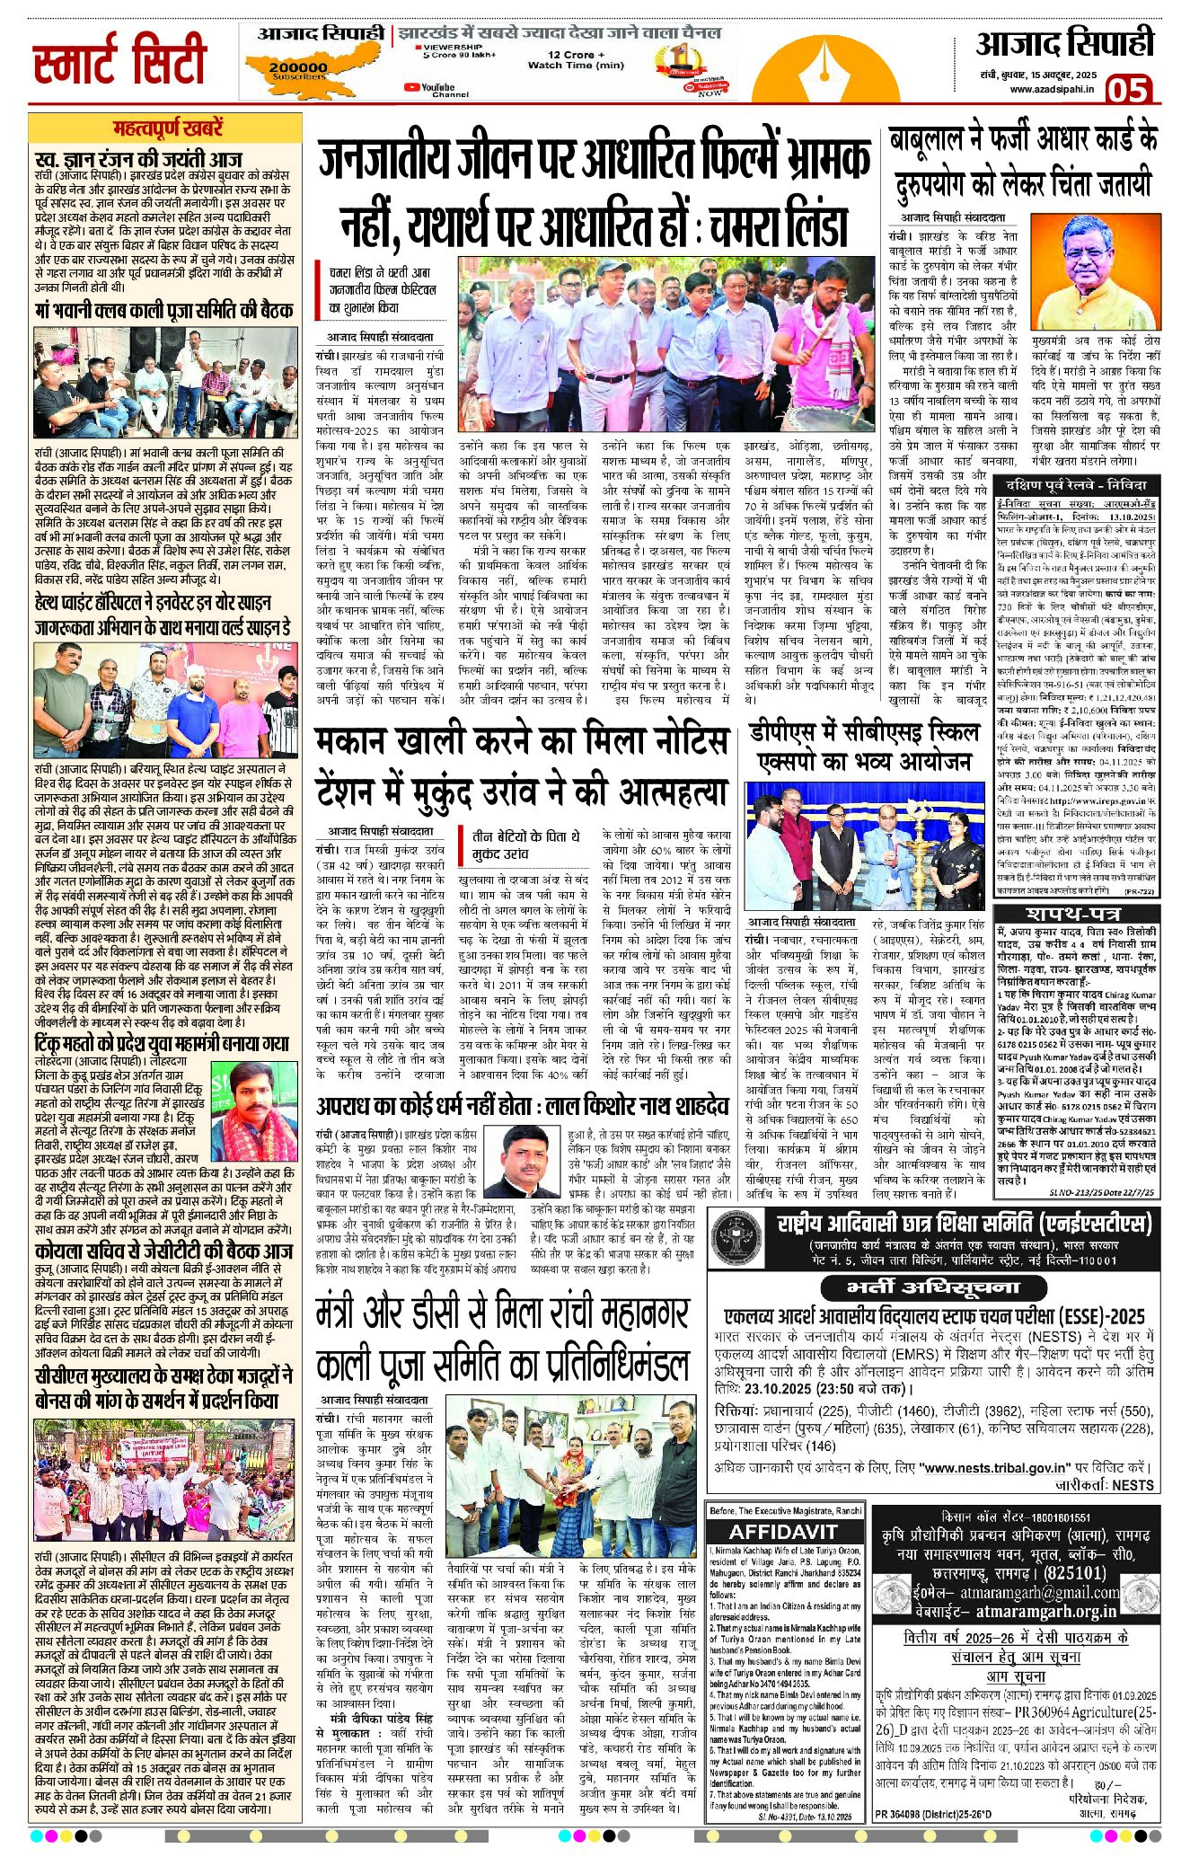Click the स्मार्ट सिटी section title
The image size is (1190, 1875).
click(x=120, y=60)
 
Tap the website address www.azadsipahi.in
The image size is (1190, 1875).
click(x=1051, y=89)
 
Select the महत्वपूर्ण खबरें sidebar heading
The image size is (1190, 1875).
click(x=168, y=128)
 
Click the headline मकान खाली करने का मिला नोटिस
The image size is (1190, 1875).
click(x=521, y=742)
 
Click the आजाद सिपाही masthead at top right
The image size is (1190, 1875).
click(x=1064, y=43)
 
